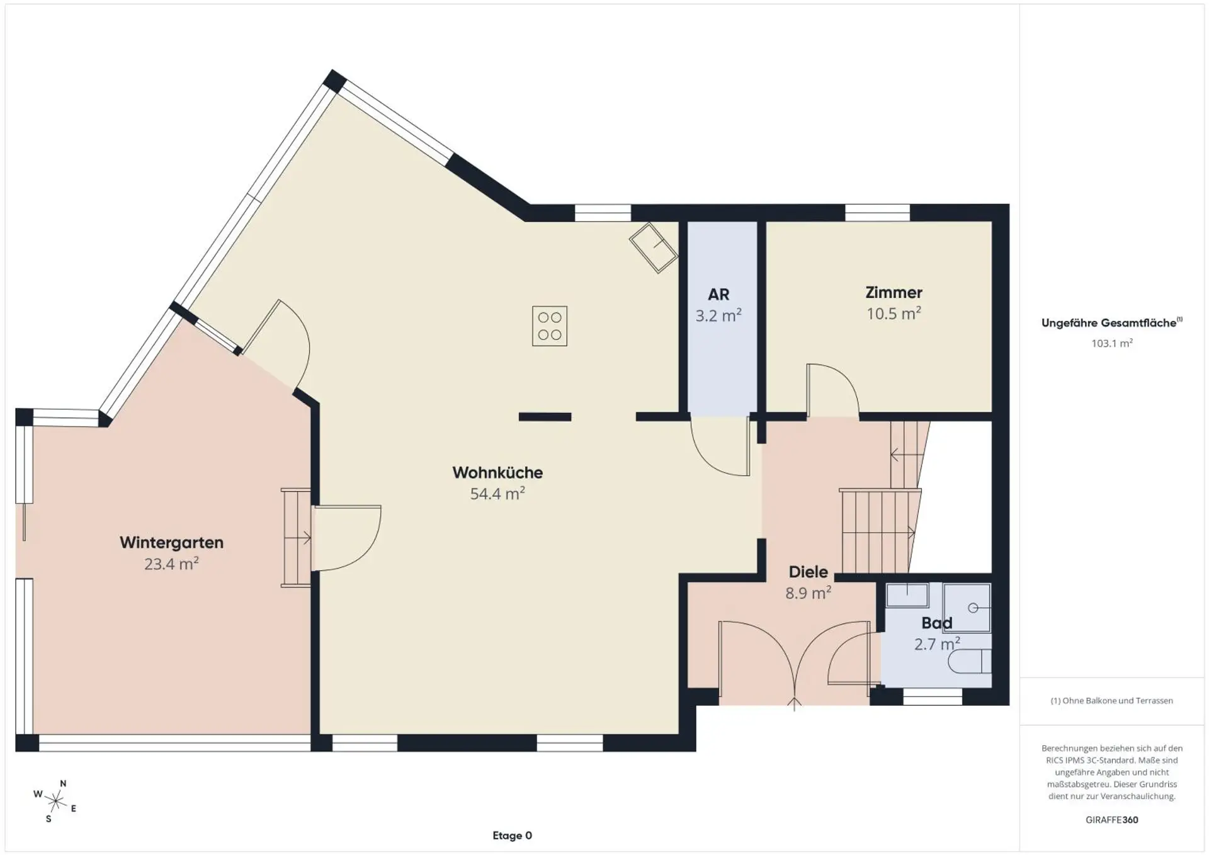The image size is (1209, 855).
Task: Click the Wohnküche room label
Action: pos(497,473)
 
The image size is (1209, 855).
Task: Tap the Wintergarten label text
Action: pos(171,543)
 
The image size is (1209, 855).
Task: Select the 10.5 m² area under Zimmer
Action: pos(894,313)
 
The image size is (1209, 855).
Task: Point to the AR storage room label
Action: pos(718,294)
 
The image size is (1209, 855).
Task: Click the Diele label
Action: pos(808,572)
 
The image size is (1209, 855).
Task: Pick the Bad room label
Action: pos(936,623)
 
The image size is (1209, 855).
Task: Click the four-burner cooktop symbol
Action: pos(550,326)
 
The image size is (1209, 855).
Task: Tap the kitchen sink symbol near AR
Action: pos(654,247)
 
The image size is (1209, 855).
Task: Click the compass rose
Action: pos(55,801)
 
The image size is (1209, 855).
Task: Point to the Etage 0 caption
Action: pos(512,835)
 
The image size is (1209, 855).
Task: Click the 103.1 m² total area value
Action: pos(1112,343)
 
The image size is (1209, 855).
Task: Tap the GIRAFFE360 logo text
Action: pos(1112,820)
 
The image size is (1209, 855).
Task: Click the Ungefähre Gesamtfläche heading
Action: pos(1112,322)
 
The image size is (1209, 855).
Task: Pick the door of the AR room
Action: pos(720,445)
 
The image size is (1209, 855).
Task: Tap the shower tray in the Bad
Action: pos(967,608)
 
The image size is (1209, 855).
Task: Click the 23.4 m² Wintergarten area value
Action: pos(171,563)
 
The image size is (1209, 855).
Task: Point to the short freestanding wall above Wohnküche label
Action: pos(545,417)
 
